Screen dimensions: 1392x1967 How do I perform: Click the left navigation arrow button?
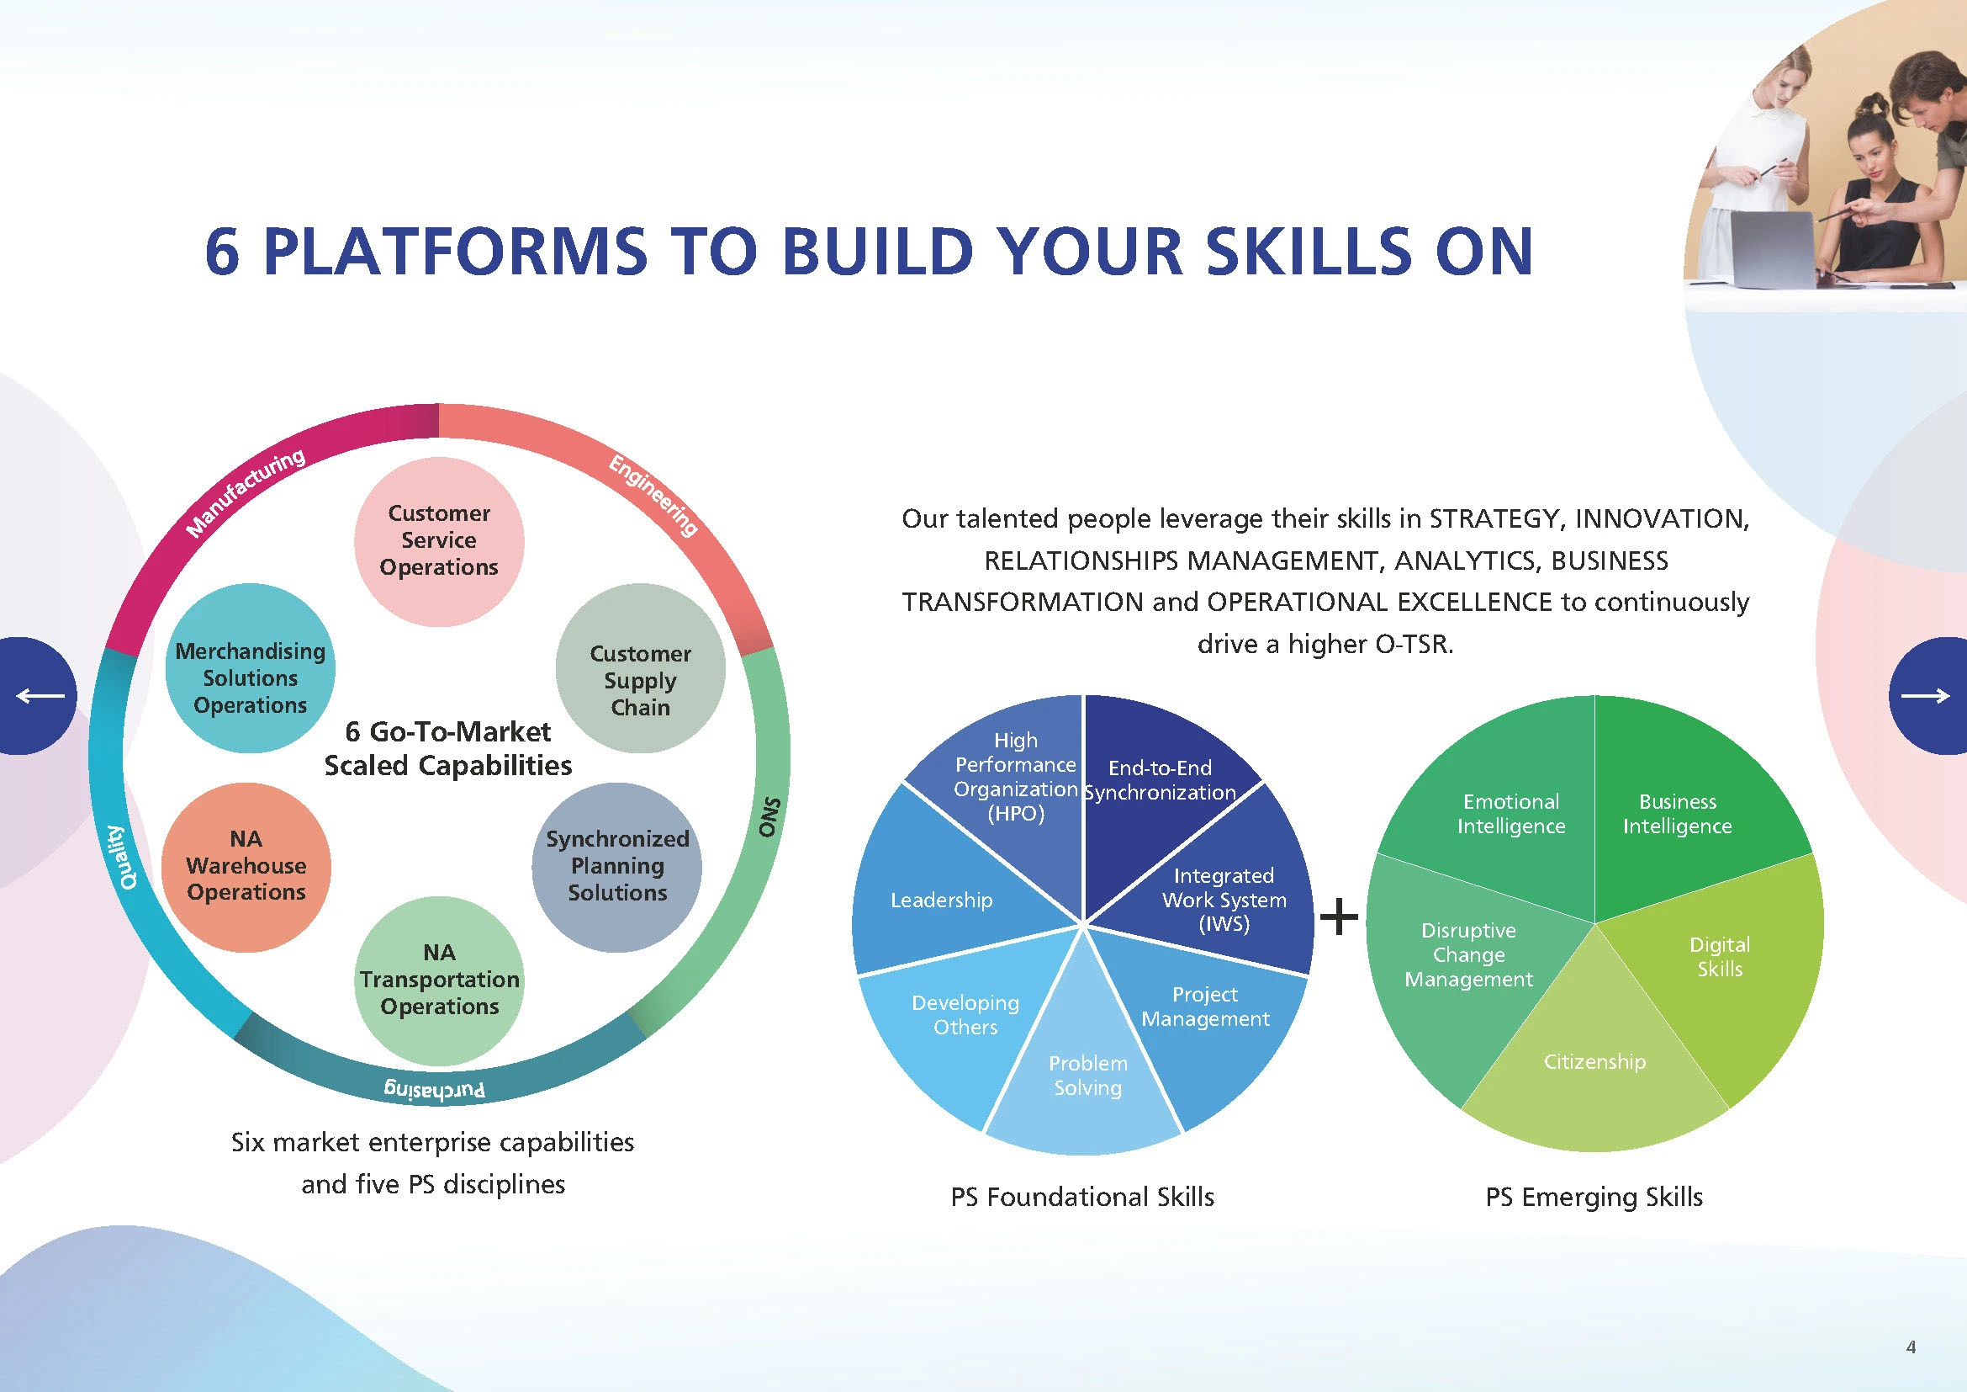(x=39, y=695)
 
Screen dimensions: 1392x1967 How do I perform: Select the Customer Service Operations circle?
(x=439, y=540)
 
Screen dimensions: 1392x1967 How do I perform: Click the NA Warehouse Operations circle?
(x=246, y=866)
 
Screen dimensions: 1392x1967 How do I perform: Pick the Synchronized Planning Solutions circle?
(x=616, y=866)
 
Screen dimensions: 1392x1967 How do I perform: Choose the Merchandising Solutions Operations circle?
(x=250, y=677)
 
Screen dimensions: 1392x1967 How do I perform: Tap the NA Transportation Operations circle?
(x=439, y=979)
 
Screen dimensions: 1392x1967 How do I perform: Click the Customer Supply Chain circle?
(x=640, y=680)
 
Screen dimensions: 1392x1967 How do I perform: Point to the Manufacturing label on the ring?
(x=245, y=494)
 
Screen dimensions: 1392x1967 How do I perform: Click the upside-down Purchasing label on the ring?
(x=436, y=1089)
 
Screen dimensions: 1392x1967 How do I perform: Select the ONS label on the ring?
(x=769, y=817)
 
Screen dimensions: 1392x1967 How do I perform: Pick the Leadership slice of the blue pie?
(x=942, y=900)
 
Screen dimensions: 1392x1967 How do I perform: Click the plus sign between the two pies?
(x=1339, y=916)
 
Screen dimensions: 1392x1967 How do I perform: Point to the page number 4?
(x=1911, y=1347)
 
